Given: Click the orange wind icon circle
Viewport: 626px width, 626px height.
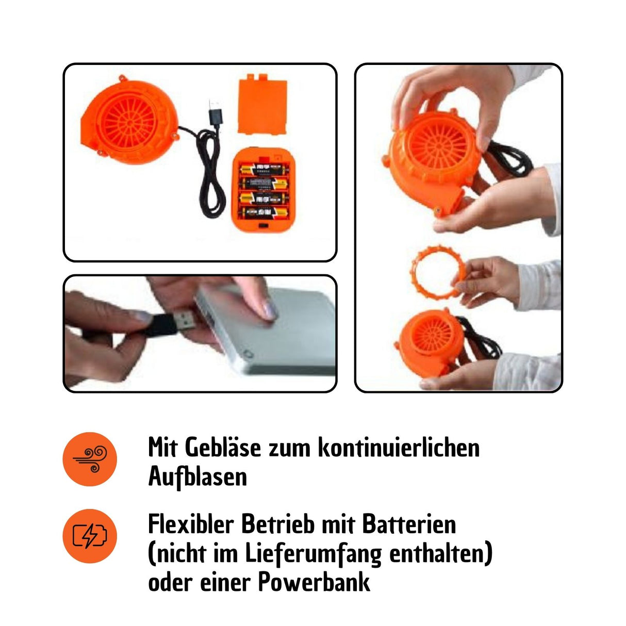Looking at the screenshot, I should pos(90,459).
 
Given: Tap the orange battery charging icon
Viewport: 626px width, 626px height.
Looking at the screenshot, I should pos(90,536).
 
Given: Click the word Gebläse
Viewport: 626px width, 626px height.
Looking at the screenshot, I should pos(223,448).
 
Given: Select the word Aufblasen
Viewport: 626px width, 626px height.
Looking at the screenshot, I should pos(197,476).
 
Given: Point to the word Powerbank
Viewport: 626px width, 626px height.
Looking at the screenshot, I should pos(314,583).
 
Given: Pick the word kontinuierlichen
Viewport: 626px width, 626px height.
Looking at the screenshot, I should pos(398,448).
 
